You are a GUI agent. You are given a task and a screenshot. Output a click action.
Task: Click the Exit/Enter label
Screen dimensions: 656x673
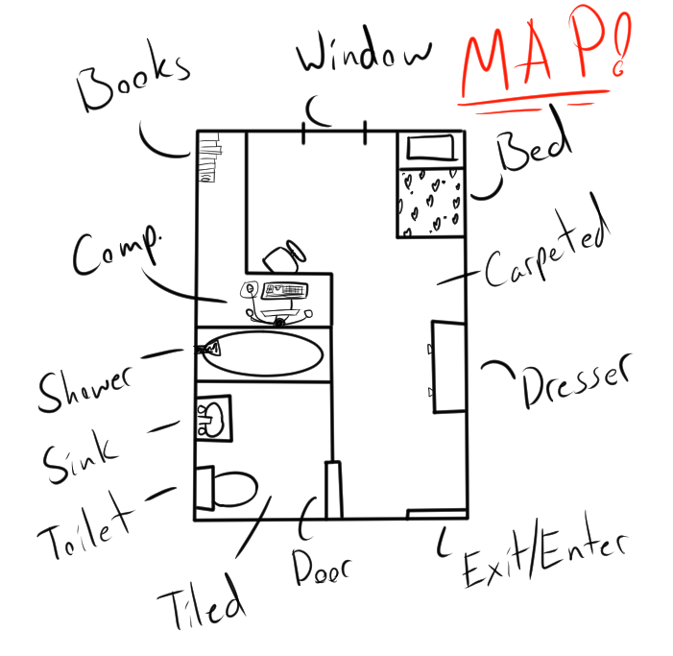tap(543, 561)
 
